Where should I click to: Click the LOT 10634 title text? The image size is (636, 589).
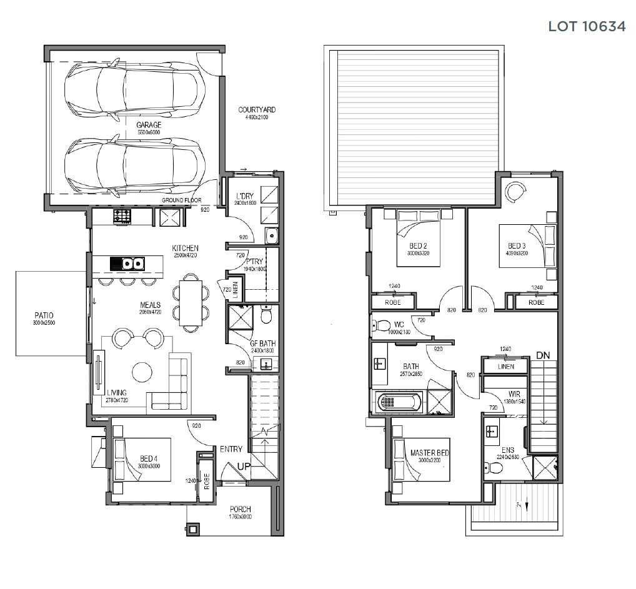(587, 27)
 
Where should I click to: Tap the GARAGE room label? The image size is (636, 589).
(149, 125)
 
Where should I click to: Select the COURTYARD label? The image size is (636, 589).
(257, 111)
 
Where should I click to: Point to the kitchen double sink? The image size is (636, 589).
(132, 264)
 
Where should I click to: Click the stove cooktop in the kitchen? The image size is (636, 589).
(121, 217)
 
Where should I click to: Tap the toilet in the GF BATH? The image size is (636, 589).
(266, 317)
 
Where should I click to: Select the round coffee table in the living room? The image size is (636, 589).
(142, 373)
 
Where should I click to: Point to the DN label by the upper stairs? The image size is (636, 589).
(543, 355)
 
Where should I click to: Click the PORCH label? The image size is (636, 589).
(240, 509)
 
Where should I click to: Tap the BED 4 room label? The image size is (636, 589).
(149, 458)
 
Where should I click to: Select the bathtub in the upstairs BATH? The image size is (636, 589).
(400, 402)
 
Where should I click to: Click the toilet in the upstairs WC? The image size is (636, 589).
(380, 325)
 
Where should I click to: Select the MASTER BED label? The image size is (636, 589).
(430, 453)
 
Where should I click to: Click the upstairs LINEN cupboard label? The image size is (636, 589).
(506, 367)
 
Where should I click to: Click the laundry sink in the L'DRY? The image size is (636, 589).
(271, 235)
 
